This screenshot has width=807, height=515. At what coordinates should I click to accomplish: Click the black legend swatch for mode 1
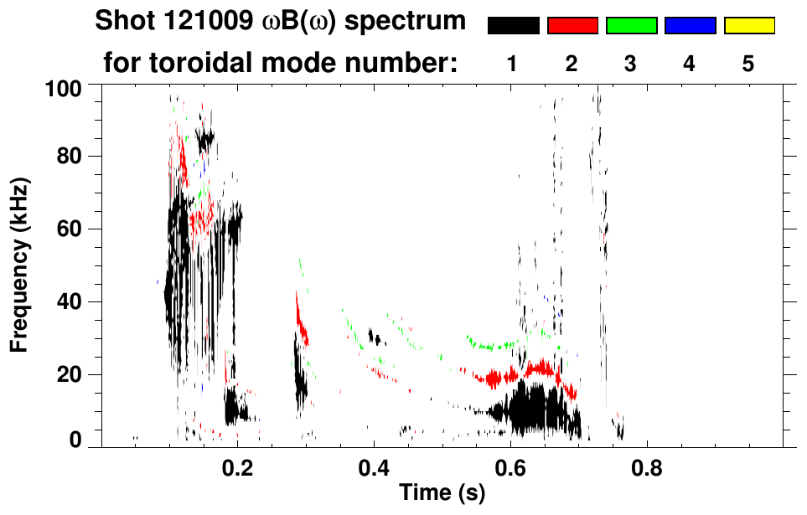tap(513, 26)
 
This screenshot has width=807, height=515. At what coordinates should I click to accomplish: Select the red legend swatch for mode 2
tap(572, 26)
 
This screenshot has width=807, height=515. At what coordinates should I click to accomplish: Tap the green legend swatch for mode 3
tap(631, 26)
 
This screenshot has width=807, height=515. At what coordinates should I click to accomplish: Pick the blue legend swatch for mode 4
tap(690, 26)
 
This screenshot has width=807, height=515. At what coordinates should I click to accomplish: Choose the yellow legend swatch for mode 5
tap(748, 26)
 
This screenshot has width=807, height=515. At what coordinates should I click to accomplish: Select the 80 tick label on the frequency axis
tap(75, 157)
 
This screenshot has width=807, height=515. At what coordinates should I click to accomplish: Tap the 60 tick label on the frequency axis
tap(75, 229)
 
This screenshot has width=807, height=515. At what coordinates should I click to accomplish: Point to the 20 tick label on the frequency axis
tap(75, 373)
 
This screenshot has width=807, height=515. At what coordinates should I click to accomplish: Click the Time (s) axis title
tap(442, 494)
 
